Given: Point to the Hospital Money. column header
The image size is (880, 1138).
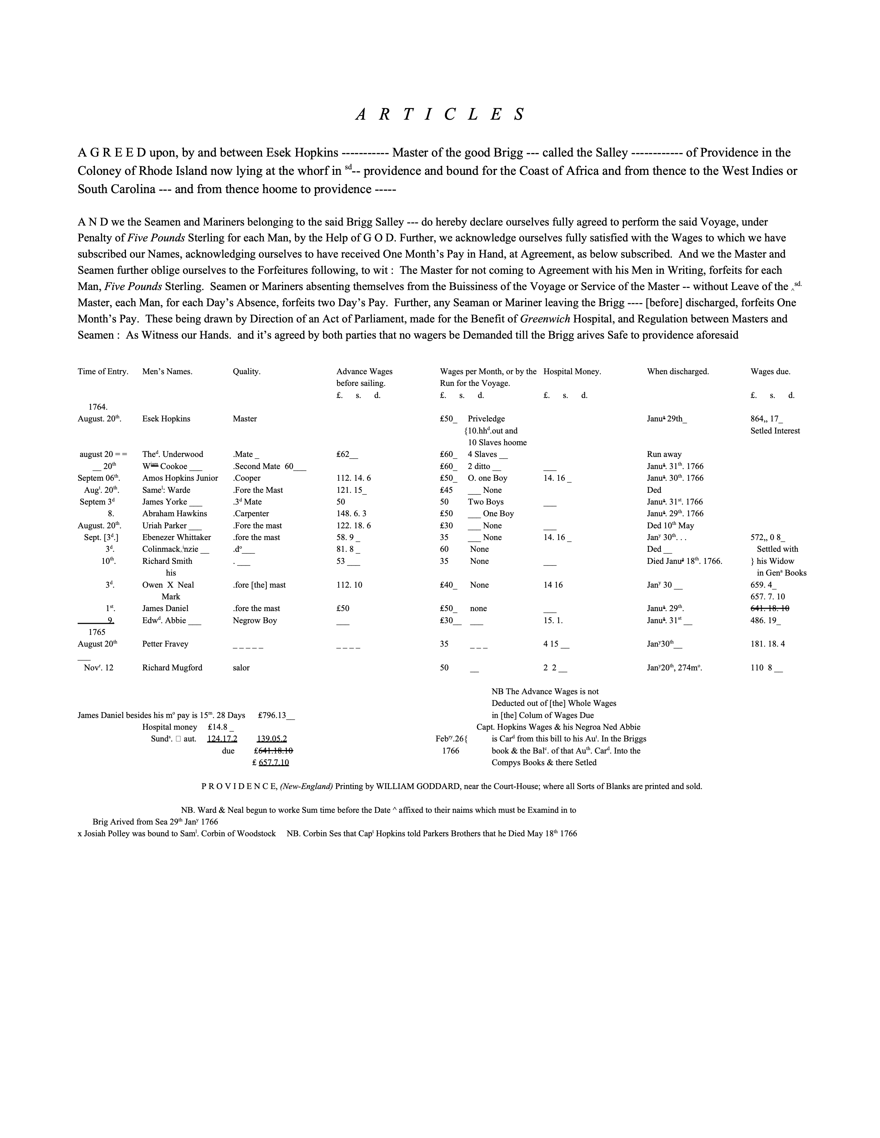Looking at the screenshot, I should (x=572, y=371).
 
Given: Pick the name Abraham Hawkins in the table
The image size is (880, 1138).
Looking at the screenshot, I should (x=174, y=514).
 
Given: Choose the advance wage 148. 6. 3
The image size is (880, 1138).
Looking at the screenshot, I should (x=351, y=514).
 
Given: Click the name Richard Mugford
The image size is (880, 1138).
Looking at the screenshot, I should (x=172, y=668).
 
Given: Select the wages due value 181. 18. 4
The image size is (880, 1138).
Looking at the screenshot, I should (x=767, y=644).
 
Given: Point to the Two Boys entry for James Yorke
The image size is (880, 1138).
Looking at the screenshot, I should (x=485, y=502).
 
